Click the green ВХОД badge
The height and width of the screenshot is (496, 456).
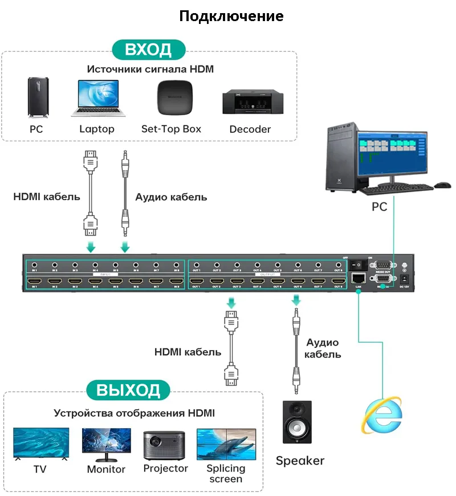coord(149,49)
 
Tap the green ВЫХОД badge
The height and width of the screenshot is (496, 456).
coord(128,391)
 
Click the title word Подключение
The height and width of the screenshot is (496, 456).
coord(231,15)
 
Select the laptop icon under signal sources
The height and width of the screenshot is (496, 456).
coord(97,98)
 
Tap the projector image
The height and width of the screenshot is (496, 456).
coord(165,445)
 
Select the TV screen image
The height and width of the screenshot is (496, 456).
coord(41,444)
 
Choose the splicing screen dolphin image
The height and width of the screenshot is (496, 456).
coord(226,444)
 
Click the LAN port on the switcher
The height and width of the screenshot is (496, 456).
coord(359,278)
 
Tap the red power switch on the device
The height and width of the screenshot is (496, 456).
coord(357,265)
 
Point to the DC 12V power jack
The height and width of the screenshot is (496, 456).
coord(405,279)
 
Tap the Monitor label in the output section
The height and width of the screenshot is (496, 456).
coord(106,469)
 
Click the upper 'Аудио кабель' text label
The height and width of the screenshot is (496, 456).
coord(171,197)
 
